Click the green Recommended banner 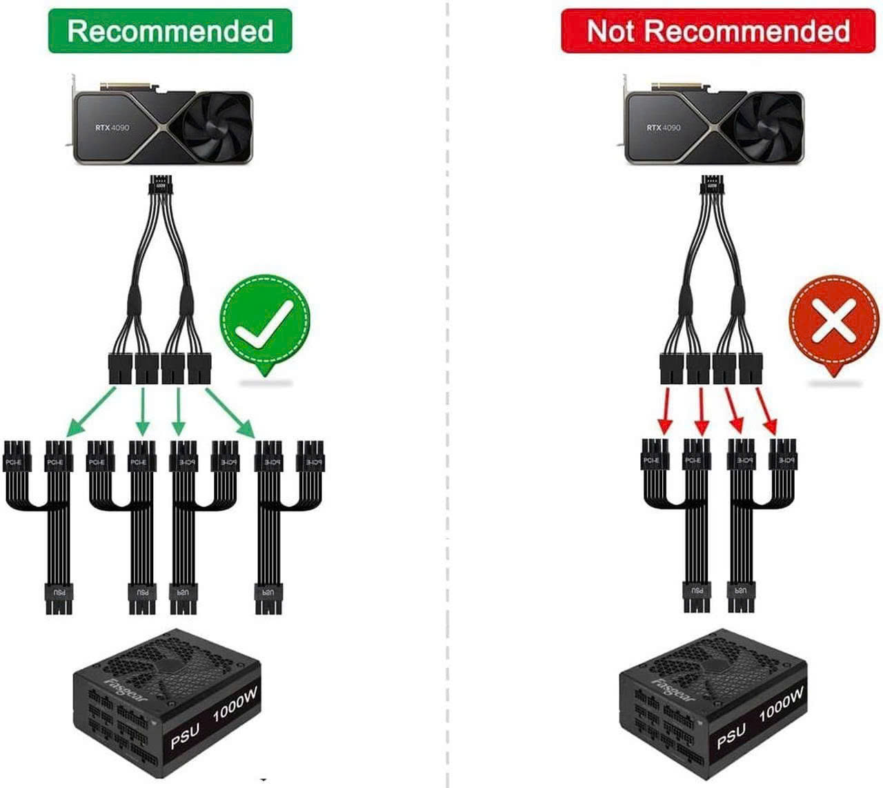pyautogui.click(x=170, y=31)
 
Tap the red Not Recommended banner pyautogui.click(x=717, y=31)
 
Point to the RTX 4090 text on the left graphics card pyautogui.click(x=112, y=128)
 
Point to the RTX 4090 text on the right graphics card pyautogui.click(x=664, y=128)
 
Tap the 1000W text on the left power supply pyautogui.click(x=235, y=705)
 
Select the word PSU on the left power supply pyautogui.click(x=184, y=736)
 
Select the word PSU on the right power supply pyautogui.click(x=731, y=736)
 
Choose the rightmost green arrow pyautogui.click(x=230, y=413)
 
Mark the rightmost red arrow pyautogui.click(x=766, y=412)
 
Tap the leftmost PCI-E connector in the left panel pyautogui.click(x=14, y=461)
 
